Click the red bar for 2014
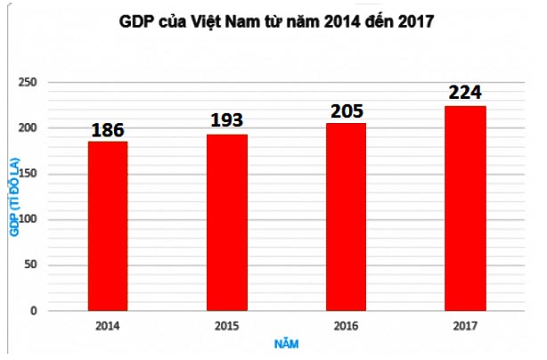point(108,226)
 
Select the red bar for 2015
point(226,223)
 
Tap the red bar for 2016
point(345,217)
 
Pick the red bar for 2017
point(464,209)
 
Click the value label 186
point(108,130)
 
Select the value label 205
point(346,110)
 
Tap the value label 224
point(464,93)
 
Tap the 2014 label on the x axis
point(108,326)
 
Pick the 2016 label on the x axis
point(346,326)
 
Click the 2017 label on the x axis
point(464,326)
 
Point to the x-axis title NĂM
point(287,342)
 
